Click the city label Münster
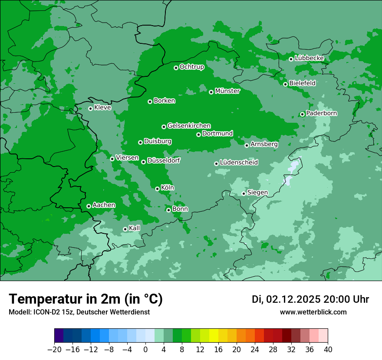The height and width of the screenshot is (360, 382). (227, 91)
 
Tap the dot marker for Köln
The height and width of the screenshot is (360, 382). (157, 189)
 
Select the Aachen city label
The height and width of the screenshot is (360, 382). (104, 205)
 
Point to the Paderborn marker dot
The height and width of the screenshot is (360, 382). (302, 114)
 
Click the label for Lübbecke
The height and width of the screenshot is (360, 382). (309, 58)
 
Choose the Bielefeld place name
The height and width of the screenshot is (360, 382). (302, 83)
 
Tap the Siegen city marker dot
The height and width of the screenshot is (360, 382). (244, 193)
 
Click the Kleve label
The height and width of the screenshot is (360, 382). (102, 108)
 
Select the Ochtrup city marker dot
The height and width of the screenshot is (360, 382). (176, 68)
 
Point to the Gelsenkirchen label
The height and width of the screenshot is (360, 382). (189, 126)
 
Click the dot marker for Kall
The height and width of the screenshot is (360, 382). (125, 229)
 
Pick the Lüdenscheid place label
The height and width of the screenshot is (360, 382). (239, 163)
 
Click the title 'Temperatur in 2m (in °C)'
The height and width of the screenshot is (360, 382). (86, 299)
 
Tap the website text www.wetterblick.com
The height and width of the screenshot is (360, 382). (313, 312)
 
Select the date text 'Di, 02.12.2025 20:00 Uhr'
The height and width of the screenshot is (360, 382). (310, 299)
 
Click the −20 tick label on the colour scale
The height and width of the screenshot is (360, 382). (55, 350)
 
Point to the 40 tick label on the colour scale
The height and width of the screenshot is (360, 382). (328, 350)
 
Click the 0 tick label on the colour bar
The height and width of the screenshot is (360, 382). (145, 350)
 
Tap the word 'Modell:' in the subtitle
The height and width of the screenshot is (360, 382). (19, 312)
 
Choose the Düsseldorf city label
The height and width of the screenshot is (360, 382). (163, 161)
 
